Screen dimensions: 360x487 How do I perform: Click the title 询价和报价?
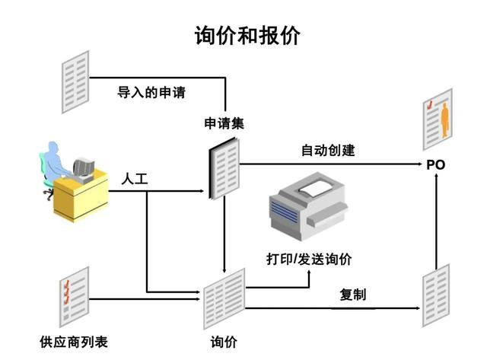[247, 36]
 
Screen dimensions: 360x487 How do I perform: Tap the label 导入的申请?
[151, 93]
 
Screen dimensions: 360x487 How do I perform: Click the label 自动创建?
[327, 150]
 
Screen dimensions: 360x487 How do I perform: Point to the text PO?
[435, 164]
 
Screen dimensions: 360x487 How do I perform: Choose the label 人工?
[134, 180]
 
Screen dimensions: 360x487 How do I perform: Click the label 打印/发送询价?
[309, 260]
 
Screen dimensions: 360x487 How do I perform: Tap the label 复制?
[353, 294]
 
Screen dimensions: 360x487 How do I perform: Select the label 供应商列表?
[74, 342]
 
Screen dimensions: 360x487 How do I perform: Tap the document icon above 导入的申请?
[75, 72]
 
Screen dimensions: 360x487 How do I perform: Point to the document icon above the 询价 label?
[224, 298]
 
